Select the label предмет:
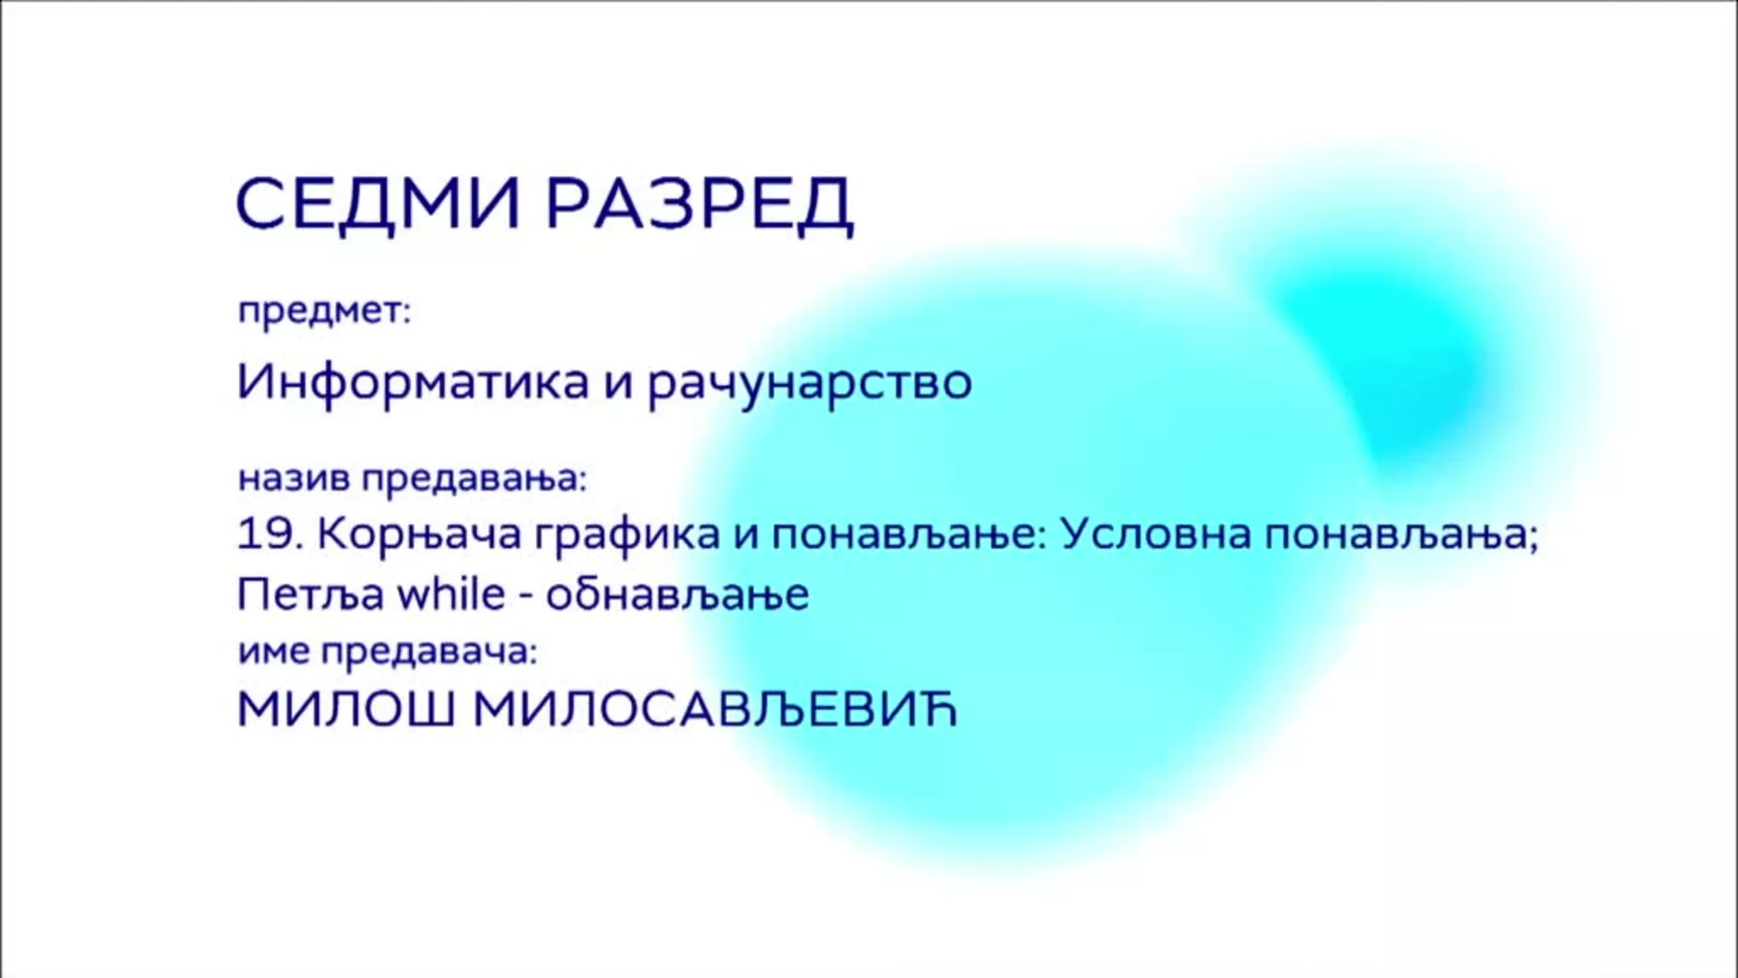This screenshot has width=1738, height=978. click(324, 313)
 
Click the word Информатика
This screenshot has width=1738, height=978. click(413, 383)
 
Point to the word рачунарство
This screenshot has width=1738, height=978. click(810, 385)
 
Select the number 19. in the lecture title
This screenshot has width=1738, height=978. click(270, 535)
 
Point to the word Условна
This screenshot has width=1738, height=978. click(1155, 535)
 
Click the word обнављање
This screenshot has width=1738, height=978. click(677, 596)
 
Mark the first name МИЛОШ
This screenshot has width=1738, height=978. click(346, 711)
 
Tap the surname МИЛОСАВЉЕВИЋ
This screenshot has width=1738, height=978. click(715, 711)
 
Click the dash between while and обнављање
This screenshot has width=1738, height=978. click(525, 598)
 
